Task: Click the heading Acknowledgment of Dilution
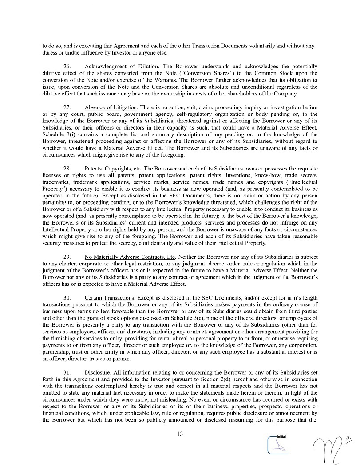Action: point(121,66)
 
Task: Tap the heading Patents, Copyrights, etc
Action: point(113,169)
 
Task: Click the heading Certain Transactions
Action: point(109,297)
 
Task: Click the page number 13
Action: point(180,434)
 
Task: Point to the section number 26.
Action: point(67,66)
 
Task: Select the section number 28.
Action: point(67,169)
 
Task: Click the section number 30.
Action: point(67,297)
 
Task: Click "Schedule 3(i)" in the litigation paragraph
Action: point(57,134)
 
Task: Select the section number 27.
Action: point(67,107)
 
